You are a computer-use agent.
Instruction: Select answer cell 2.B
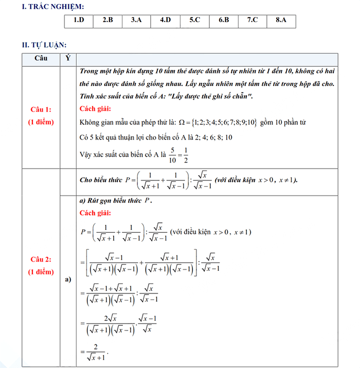107,21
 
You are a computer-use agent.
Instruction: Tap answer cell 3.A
136,21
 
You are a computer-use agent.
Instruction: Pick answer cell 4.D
165,21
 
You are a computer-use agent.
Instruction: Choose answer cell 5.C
194,21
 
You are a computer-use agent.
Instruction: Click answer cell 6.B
223,21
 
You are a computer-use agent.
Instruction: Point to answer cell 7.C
252,21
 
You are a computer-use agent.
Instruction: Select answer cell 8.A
281,21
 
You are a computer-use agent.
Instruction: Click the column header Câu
41,58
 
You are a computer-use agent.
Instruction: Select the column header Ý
68,58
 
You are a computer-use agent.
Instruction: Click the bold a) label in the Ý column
68,280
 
